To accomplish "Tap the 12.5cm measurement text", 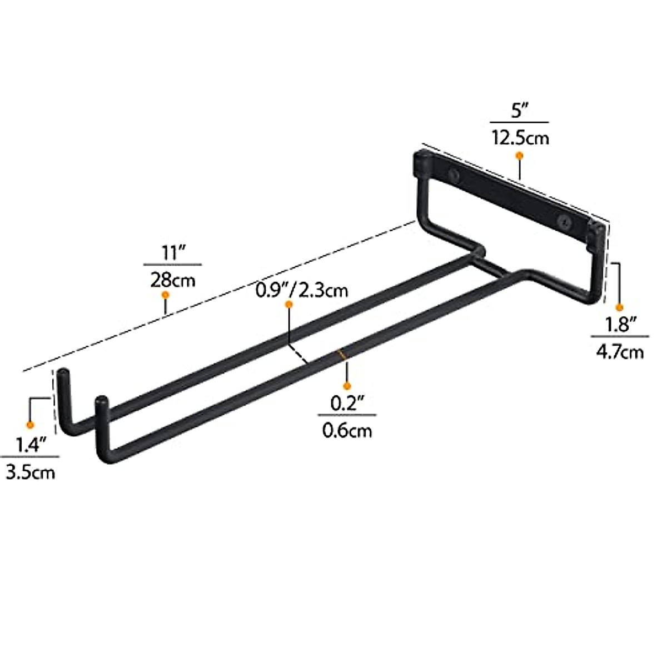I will pos(519,137).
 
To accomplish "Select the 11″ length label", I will pos(172,253).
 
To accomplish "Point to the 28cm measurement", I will pos(172,280).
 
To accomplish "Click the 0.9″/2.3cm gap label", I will pos(302,290).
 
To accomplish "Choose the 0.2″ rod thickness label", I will pos(346,404).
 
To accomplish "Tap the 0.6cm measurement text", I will pos(347,430).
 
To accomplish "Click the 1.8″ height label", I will pos(620,325).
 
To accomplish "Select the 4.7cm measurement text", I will pos(620,351).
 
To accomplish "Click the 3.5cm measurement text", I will pos(31,472).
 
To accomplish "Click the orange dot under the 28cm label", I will pos(165,298).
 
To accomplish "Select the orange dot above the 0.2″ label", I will pos(346,385).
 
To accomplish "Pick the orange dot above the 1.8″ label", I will pos(620,307).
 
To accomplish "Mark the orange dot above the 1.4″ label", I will pos(31,425).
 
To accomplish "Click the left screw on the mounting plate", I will pos(454,176).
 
